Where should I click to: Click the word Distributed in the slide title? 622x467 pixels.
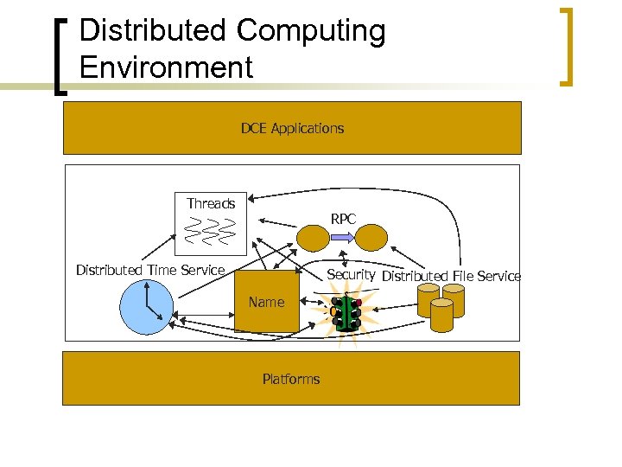pyautogui.click(x=153, y=31)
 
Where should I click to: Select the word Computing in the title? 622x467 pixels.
pyautogui.click(x=310, y=31)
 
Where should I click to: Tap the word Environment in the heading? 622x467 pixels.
pyautogui.click(x=166, y=67)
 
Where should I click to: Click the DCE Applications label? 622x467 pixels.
pyautogui.click(x=292, y=128)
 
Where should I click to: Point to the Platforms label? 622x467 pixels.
pyautogui.click(x=291, y=379)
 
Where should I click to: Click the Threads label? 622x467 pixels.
pyautogui.click(x=211, y=203)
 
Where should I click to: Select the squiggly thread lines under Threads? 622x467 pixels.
pyautogui.click(x=211, y=230)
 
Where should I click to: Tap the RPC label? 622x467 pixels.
pyautogui.click(x=343, y=219)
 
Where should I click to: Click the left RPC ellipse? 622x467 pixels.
pyautogui.click(x=313, y=235)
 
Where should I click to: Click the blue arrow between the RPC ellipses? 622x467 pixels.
pyautogui.click(x=343, y=236)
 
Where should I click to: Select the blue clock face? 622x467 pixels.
pyautogui.click(x=146, y=307)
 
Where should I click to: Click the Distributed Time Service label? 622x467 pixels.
pyautogui.click(x=150, y=270)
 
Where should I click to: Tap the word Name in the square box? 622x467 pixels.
pyautogui.click(x=266, y=302)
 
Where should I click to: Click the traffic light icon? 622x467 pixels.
pyautogui.click(x=347, y=313)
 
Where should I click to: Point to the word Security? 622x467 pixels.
pyautogui.click(x=350, y=274)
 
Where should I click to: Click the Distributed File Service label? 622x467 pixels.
pyautogui.click(x=451, y=276)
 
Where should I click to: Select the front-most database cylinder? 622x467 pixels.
pyautogui.click(x=441, y=317)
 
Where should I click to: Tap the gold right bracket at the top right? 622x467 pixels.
pyautogui.click(x=568, y=47)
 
